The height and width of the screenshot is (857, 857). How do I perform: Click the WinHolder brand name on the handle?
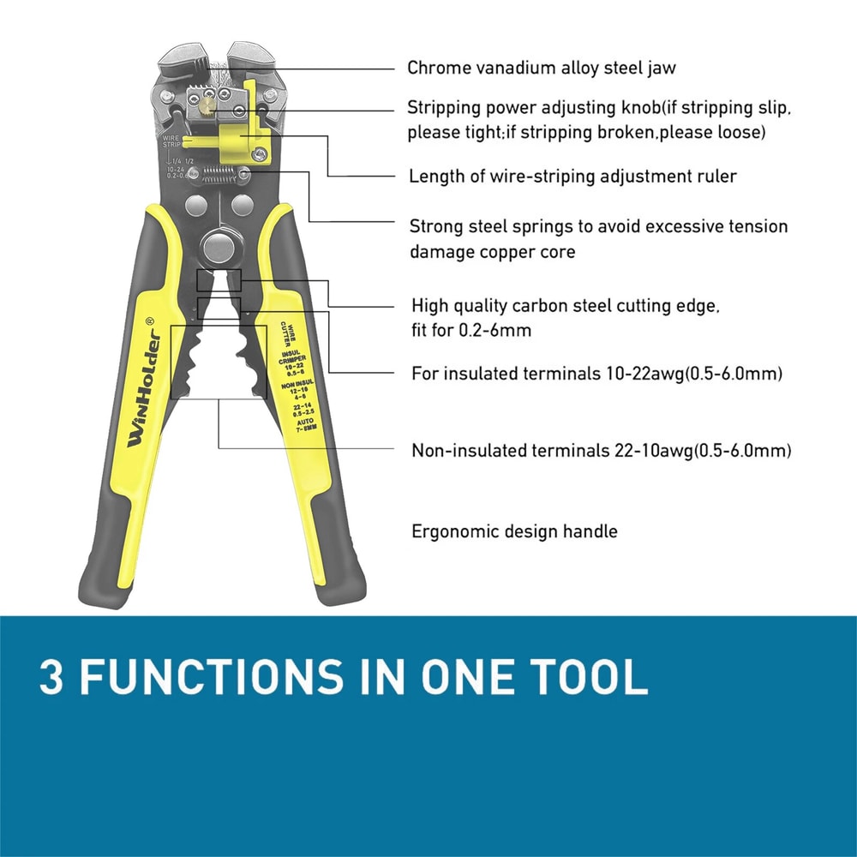[x=138, y=388]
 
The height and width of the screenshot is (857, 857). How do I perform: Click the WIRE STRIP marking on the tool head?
[x=172, y=139]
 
